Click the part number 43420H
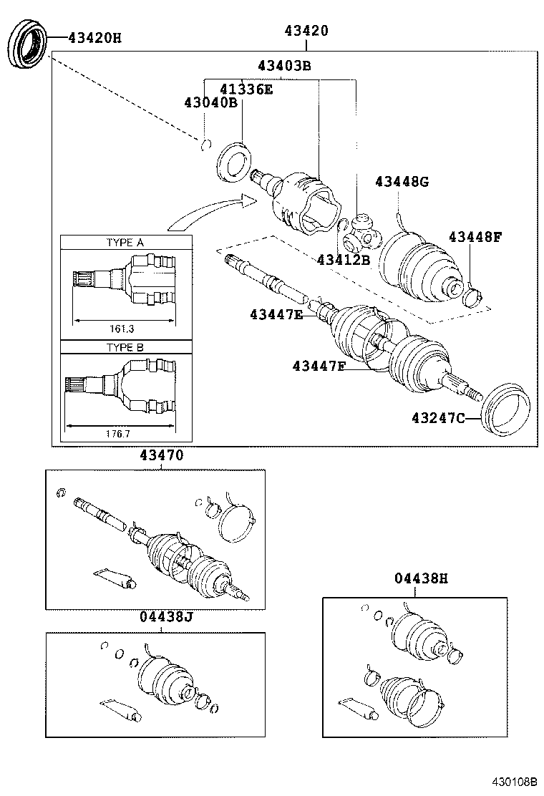(94, 37)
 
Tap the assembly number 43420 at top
(306, 31)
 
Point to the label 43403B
(284, 67)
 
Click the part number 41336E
(246, 89)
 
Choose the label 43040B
(210, 103)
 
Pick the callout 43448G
(402, 182)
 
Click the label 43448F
(475, 237)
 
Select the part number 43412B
(344, 260)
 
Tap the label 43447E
(277, 314)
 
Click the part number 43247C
(437, 417)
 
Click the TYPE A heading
(125, 243)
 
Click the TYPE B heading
(125, 348)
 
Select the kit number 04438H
(420, 578)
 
